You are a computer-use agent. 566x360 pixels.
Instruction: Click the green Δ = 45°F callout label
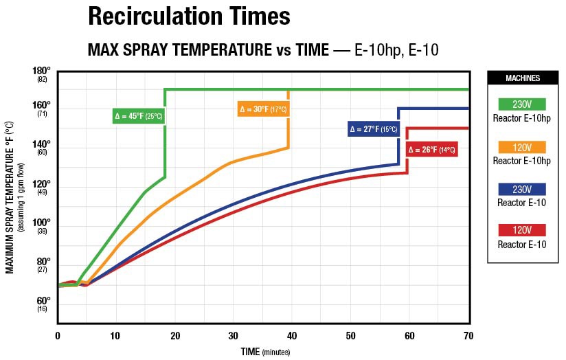pyautogui.click(x=138, y=116)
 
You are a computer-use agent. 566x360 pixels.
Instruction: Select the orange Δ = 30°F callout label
pyautogui.click(x=263, y=109)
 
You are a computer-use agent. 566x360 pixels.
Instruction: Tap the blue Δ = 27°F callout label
pyautogui.click(x=374, y=129)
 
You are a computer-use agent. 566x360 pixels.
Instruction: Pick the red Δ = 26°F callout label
pyautogui.click(x=432, y=149)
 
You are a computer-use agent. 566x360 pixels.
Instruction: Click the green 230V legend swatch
pyautogui.click(x=522, y=104)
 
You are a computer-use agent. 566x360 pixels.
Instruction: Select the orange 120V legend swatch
pyautogui.click(x=522, y=147)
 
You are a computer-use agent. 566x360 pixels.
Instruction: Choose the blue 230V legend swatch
pyautogui.click(x=522, y=189)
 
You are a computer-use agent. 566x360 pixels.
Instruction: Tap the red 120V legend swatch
pyautogui.click(x=522, y=230)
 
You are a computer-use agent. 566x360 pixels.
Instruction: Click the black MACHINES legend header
pyautogui.click(x=522, y=78)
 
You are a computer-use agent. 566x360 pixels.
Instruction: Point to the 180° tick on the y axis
pyautogui.click(x=42, y=71)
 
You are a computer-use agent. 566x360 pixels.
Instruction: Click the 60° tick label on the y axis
pyautogui.click(x=42, y=301)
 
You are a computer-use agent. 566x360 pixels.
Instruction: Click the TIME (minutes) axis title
pyautogui.click(x=264, y=352)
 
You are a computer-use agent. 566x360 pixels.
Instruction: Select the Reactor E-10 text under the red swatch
pyautogui.click(x=522, y=244)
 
